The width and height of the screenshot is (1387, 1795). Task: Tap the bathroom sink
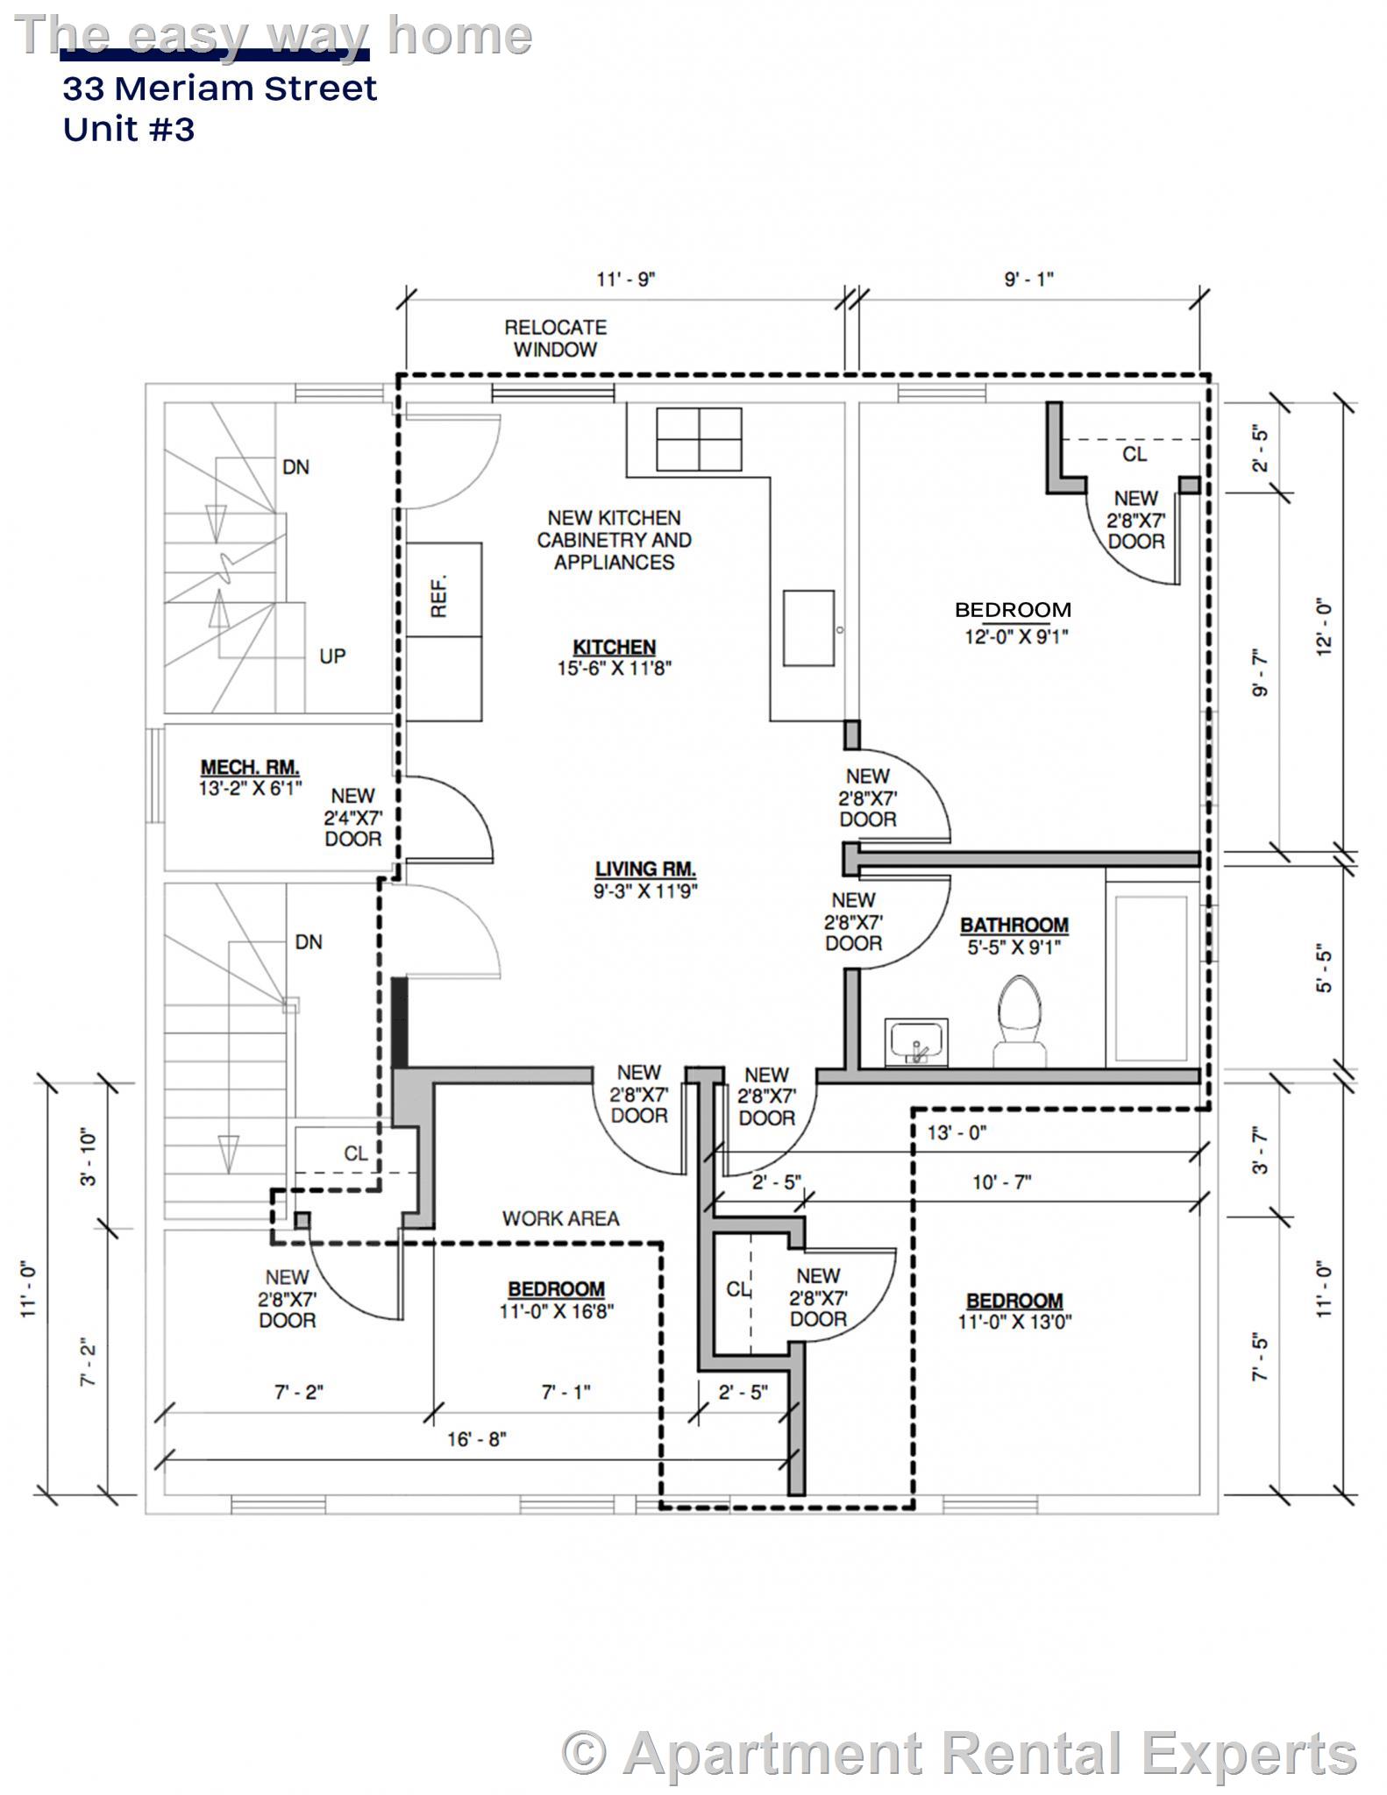(x=916, y=1042)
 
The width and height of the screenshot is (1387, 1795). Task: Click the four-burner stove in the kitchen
(x=699, y=439)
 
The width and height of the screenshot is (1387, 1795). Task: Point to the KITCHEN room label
(x=614, y=647)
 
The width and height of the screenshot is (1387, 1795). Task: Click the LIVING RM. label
(x=645, y=869)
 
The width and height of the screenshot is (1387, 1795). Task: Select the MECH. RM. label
(x=250, y=768)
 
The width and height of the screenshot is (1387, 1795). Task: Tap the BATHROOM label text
(x=1014, y=926)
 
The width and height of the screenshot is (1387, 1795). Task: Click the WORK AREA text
(x=560, y=1218)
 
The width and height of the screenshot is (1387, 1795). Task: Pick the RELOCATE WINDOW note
(x=555, y=338)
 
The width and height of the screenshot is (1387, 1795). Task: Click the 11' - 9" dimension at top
(x=626, y=280)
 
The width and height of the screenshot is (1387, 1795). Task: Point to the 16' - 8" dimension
(x=476, y=1439)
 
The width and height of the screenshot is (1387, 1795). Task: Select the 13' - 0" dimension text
(x=957, y=1132)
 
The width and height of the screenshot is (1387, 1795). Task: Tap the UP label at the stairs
(x=332, y=656)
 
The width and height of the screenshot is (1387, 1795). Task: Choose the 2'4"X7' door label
(x=353, y=818)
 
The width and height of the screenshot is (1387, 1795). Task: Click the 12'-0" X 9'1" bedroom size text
(x=1016, y=636)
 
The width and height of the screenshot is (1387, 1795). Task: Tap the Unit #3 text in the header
(x=129, y=130)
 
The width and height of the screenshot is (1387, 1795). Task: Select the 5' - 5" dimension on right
(x=1324, y=969)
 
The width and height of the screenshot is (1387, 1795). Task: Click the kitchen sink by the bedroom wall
(x=808, y=628)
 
